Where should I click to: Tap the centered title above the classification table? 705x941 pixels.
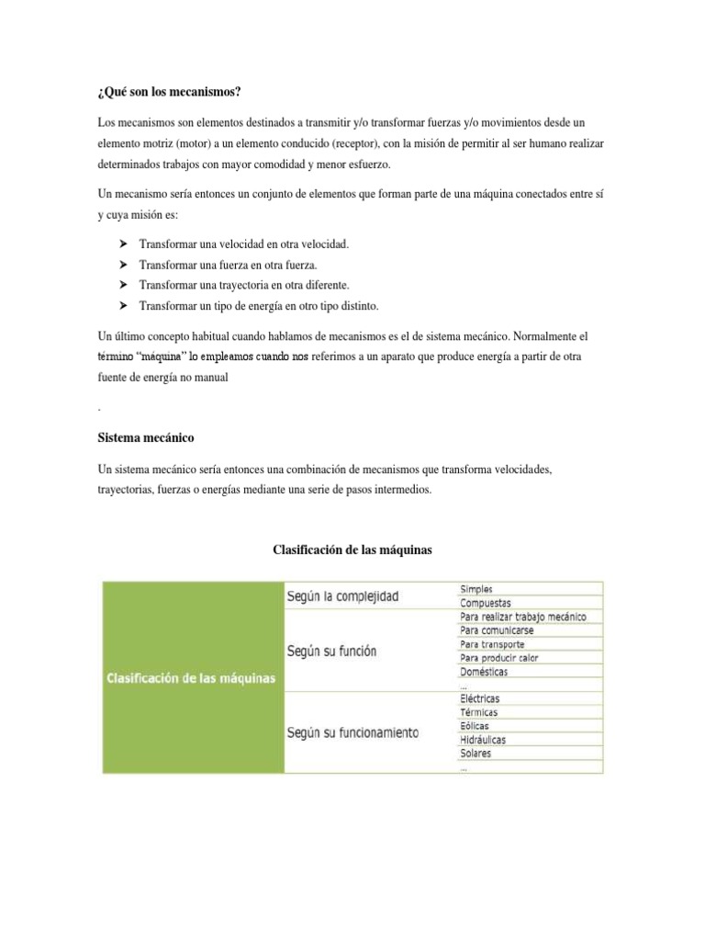352,550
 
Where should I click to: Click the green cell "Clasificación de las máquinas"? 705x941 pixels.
192,678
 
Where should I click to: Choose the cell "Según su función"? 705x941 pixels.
331,652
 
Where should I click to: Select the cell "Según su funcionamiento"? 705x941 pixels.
352,732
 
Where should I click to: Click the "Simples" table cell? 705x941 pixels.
477,589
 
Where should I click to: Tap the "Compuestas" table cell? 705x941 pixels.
486,603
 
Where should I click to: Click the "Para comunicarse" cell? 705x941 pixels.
497,630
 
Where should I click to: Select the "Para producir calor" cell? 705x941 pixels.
499,658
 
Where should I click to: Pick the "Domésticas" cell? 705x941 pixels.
484,672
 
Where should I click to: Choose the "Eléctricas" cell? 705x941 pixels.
480,698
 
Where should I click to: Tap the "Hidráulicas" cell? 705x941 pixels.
483,740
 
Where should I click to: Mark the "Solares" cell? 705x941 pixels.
476,754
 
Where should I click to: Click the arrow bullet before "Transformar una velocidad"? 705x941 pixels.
123,244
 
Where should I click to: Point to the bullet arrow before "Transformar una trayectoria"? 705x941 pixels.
123,284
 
